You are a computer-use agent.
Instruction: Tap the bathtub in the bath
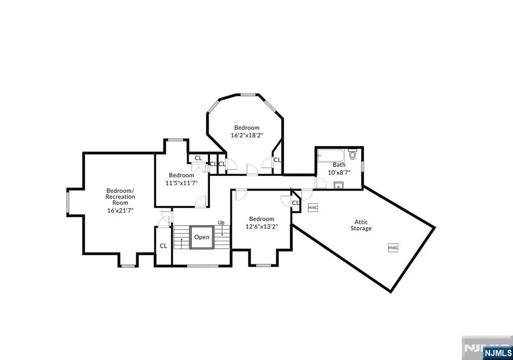[331, 155]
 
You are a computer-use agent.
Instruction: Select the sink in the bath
[338, 186]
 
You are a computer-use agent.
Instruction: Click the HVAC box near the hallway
[313, 208]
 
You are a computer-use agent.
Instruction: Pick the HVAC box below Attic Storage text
[393, 248]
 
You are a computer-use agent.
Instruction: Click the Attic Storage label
[361, 225]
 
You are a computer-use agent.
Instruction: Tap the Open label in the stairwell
[201, 237]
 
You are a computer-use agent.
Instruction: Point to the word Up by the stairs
[221, 223]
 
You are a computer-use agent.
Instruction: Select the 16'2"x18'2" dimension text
[247, 135]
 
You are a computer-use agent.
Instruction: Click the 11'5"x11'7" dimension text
[181, 183]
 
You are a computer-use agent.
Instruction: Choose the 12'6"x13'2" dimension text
[262, 226]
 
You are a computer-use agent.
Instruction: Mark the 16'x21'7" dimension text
[120, 210]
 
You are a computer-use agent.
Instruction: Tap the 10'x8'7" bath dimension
[339, 172]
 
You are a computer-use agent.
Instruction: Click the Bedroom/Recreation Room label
[120, 197]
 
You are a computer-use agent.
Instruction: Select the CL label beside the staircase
[164, 246]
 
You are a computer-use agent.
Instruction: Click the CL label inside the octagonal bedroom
[277, 160]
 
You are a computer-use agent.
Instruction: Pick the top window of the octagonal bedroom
[248, 95]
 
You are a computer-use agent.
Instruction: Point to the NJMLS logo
[497, 353]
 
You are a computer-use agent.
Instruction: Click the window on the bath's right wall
[363, 166]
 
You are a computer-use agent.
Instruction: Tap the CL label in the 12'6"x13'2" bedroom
[296, 203]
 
